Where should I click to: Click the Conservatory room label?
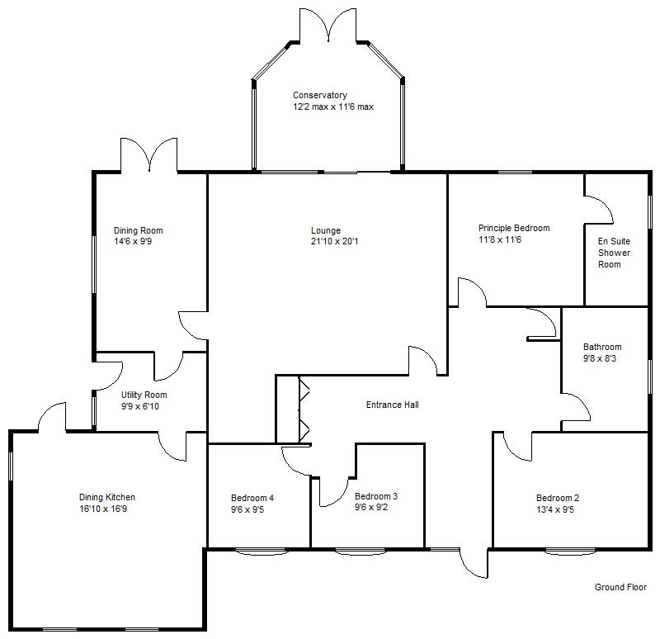click(320, 95)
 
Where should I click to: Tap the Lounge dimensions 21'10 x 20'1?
click(326, 242)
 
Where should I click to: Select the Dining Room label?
click(138, 230)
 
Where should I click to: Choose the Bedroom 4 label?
click(252, 498)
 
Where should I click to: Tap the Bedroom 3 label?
click(376, 496)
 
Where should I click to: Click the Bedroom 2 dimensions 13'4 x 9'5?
click(558, 509)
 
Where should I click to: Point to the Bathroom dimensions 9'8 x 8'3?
click(602, 358)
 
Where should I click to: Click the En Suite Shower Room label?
click(614, 253)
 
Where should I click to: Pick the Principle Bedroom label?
click(514, 228)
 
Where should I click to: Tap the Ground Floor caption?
click(621, 587)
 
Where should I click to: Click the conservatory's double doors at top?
click(328, 25)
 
